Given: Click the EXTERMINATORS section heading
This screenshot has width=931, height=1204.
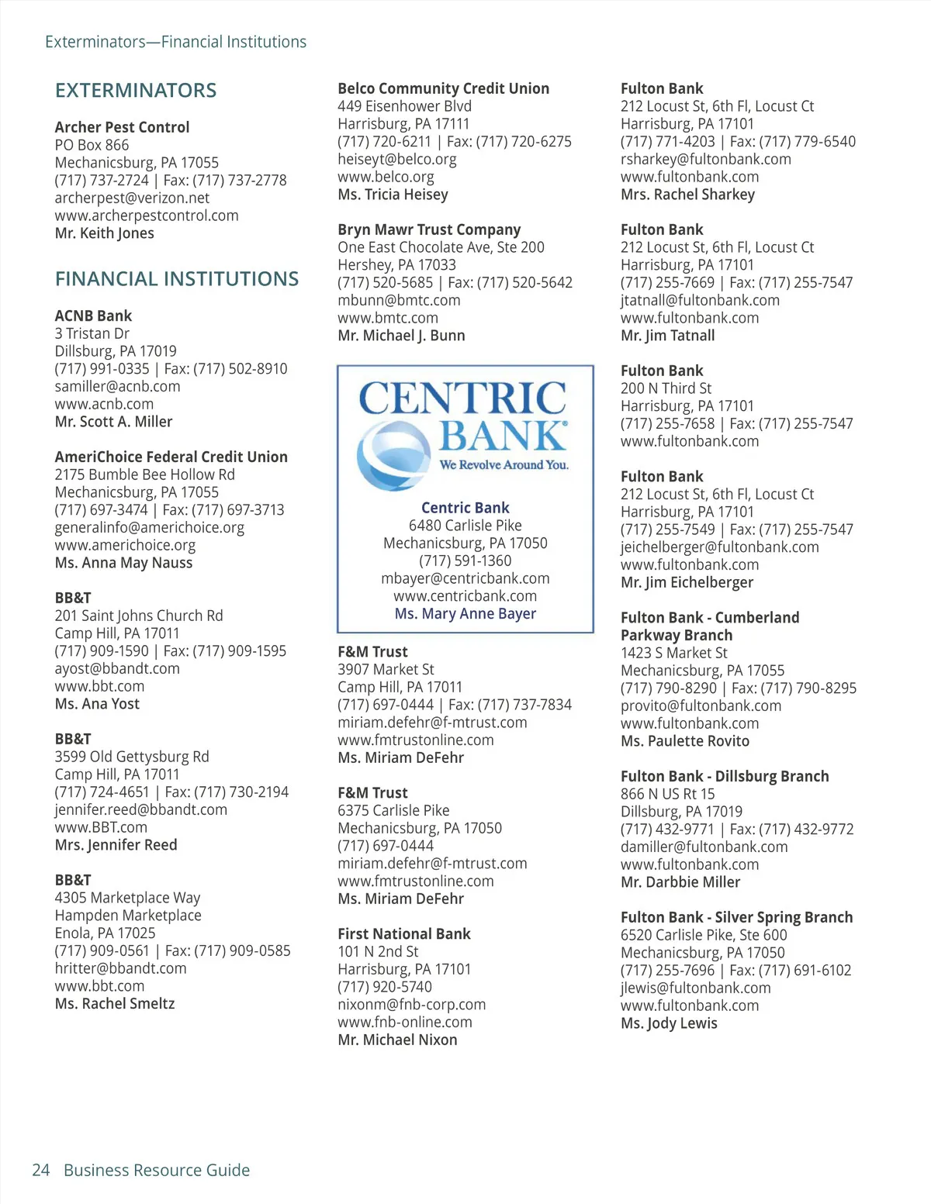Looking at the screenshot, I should tap(136, 91).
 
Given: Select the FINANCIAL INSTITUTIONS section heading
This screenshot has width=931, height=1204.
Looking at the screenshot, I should tap(177, 279).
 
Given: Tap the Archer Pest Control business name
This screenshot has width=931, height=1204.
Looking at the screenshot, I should tap(122, 127).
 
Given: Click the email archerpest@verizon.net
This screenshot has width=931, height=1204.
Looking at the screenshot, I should tap(132, 198).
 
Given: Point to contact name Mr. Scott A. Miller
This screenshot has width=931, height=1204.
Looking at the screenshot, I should tap(113, 422).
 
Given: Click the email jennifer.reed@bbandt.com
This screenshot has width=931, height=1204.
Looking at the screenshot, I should tap(140, 809).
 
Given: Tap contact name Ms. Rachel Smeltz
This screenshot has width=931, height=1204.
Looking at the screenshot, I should tap(115, 1003).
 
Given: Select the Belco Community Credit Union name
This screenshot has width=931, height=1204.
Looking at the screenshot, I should tap(443, 88).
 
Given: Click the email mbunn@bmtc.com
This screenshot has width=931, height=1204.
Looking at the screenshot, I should tap(399, 300).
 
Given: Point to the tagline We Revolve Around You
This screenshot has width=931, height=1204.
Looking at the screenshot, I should tap(504, 465).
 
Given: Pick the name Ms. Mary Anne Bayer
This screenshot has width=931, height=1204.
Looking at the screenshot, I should tap(465, 613).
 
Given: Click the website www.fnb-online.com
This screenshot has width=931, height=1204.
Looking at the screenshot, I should tap(405, 1022).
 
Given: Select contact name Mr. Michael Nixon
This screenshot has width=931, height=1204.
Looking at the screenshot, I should tap(397, 1040).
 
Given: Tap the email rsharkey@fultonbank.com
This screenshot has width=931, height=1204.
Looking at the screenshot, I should tap(705, 159).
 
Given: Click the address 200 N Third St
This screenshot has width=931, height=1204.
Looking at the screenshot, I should tap(666, 388).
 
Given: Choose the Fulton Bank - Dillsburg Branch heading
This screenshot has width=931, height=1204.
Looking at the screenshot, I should tap(725, 776).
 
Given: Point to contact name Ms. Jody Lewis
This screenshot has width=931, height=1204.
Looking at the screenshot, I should tap(669, 1023).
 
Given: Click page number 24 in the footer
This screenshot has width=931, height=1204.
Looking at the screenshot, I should tap(40, 1170).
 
